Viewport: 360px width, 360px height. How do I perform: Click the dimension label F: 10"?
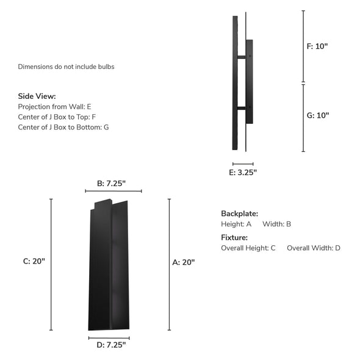click(317, 46)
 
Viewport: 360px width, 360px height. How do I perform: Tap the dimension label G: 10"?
click(317, 115)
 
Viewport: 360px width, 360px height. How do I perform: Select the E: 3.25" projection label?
click(243, 172)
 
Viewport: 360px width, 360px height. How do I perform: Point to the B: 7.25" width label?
click(113, 183)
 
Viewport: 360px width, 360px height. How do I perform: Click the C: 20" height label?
click(34, 261)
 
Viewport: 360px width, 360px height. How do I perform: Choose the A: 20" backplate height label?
click(184, 262)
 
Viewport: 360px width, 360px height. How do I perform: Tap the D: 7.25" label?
click(110, 345)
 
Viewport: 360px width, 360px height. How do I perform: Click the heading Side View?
click(37, 96)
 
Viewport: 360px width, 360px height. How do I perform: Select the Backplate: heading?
click(239, 214)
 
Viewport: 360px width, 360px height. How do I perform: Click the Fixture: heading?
click(234, 237)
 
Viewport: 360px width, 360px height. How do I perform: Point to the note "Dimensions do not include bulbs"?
click(66, 67)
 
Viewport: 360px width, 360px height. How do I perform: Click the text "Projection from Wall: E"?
click(54, 107)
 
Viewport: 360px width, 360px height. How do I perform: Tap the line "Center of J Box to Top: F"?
click(57, 117)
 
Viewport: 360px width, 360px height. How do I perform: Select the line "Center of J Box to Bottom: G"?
click(63, 128)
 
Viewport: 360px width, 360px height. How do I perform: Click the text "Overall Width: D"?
click(313, 248)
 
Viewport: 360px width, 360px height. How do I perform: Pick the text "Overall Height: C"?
click(248, 248)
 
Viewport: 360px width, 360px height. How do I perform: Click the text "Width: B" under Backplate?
click(276, 224)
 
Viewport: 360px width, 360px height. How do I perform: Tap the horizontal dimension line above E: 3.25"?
click(243, 164)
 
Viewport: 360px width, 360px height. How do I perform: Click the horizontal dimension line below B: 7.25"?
click(113, 192)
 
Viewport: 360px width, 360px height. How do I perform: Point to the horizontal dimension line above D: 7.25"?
click(109, 337)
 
